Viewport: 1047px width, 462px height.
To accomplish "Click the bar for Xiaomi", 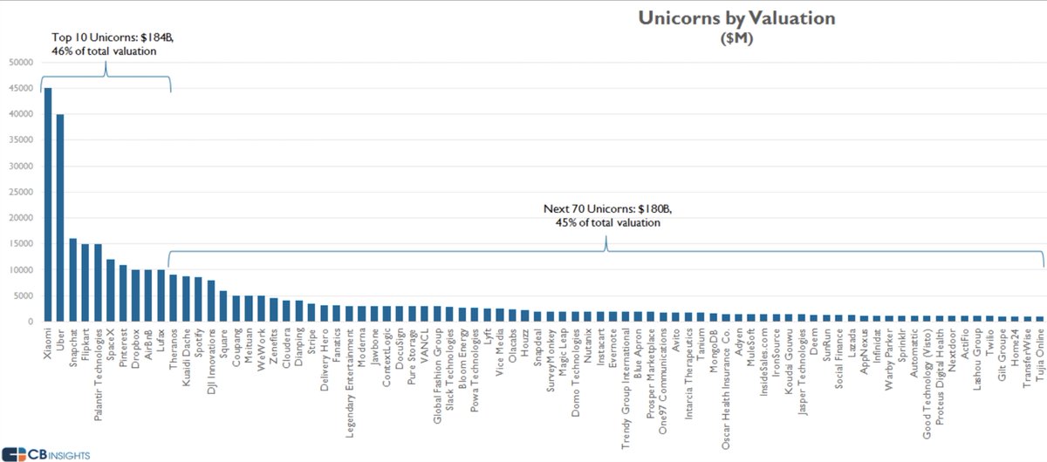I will click(x=48, y=205).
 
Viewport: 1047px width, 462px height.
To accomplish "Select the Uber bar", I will click(x=60, y=218).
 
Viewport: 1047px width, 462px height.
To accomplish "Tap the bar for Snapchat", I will click(x=72, y=280).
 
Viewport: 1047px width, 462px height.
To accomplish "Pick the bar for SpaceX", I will click(x=110, y=290).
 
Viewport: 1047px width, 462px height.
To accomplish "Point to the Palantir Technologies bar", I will click(x=98, y=282).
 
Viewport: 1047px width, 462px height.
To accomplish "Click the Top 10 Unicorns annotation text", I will click(x=105, y=44).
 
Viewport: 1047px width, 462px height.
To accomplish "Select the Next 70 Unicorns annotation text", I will click(x=606, y=215).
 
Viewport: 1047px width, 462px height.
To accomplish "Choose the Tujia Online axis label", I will click(x=1039, y=357).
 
